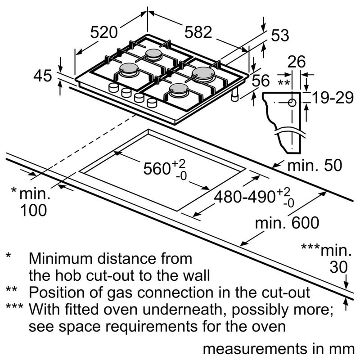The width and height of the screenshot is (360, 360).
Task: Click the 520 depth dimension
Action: pos(104,32)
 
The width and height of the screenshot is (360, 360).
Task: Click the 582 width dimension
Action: pos(198,32)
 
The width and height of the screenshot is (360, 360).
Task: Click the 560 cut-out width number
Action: pos(157,169)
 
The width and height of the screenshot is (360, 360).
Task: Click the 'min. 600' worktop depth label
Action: pos(287,222)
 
